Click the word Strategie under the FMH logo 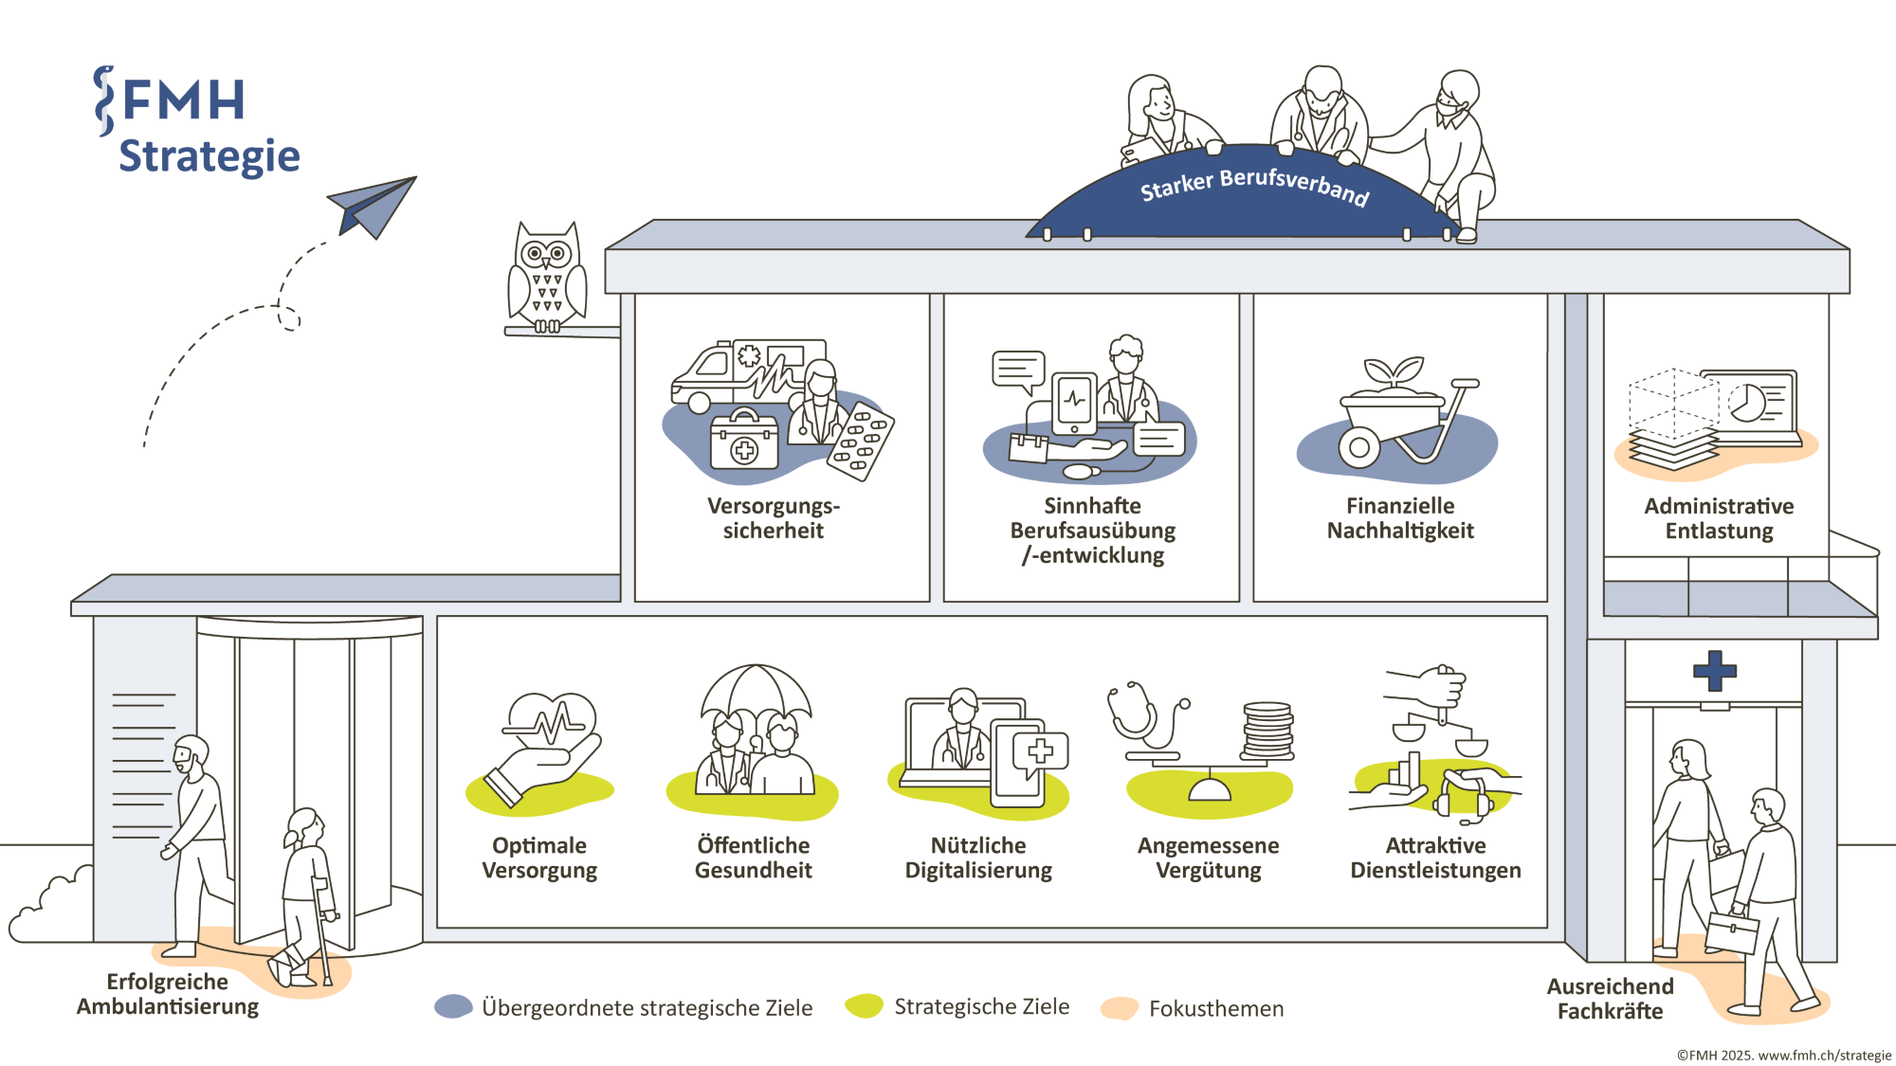pyautogui.click(x=209, y=156)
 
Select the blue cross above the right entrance pyautogui.click(x=1715, y=671)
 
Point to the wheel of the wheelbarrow pyautogui.click(x=1359, y=447)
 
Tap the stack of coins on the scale pyautogui.click(x=1267, y=730)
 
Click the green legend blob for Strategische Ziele pyautogui.click(x=864, y=1006)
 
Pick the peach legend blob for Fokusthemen pyautogui.click(x=1120, y=1008)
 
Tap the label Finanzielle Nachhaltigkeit pyautogui.click(x=1400, y=518)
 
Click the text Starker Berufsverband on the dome pyautogui.click(x=1254, y=186)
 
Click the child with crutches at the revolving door pyautogui.click(x=305, y=895)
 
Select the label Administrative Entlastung pyautogui.click(x=1719, y=518)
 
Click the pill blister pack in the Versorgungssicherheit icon pyautogui.click(x=861, y=441)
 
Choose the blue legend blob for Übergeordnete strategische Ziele pyautogui.click(x=453, y=1006)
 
